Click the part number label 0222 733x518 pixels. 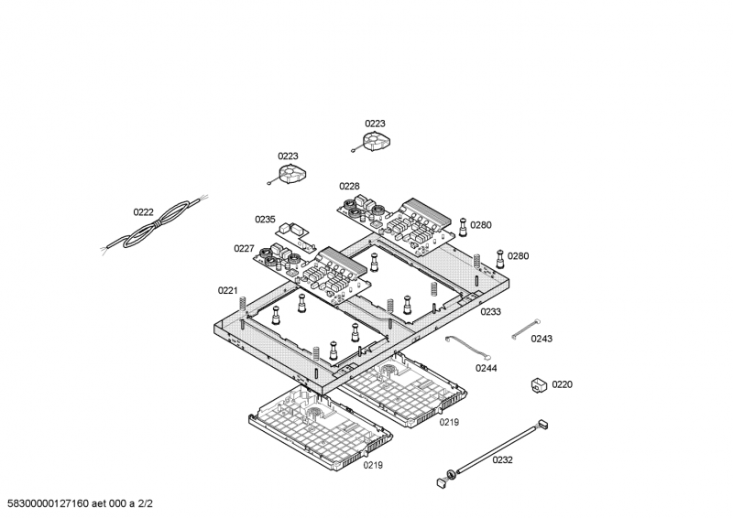coord(143,212)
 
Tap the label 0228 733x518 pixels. coord(349,186)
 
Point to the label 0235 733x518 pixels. coord(265,220)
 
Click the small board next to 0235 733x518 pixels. coord(293,231)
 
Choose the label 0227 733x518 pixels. coord(244,248)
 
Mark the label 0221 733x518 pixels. coord(227,290)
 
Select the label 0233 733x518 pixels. coord(490,312)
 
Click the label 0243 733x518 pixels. coord(542,339)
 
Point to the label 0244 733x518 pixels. coord(486,368)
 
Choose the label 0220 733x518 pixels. coord(562,384)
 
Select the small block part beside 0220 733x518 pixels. coord(539,384)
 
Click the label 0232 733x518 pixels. coord(502,459)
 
